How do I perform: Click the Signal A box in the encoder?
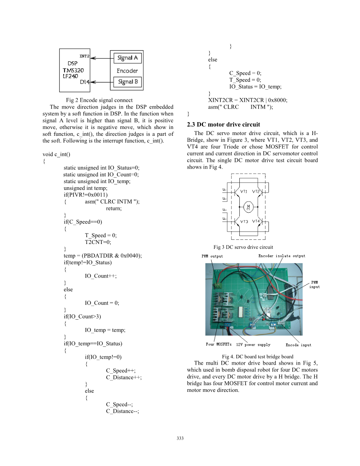point(127,58)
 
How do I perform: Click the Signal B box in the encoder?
point(127,82)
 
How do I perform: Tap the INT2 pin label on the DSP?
point(84,56)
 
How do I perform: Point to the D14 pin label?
point(84,82)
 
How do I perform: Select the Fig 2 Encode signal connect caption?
point(99,100)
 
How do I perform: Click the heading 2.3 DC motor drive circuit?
point(223,124)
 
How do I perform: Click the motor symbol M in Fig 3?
point(248,207)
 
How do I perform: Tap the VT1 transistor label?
point(244,191)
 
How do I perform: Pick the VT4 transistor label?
point(256,221)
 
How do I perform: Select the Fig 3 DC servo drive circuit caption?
point(243,247)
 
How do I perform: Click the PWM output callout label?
point(212,256)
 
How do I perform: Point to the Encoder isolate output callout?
point(282,256)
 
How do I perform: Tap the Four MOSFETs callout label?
point(219,345)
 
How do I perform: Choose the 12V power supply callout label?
point(253,345)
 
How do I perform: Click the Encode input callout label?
point(298,345)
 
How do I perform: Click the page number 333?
point(180,438)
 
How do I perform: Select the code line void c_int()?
point(56,154)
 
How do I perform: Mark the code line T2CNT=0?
point(98,242)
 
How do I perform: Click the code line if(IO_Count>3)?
point(82,317)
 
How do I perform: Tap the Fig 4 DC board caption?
point(258,356)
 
